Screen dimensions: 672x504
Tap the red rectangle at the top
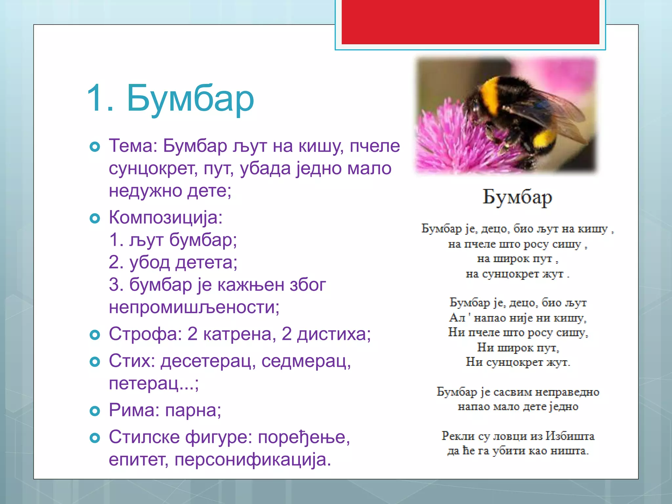point(470,22)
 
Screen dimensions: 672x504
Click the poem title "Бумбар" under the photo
point(517,198)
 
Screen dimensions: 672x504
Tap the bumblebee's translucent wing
point(555,112)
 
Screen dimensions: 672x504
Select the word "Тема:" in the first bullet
point(133,146)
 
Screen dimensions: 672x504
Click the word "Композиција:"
point(166,218)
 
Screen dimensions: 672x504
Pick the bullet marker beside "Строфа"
point(94,335)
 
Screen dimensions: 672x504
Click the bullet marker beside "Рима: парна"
point(94,411)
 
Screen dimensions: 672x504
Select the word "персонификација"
point(253,460)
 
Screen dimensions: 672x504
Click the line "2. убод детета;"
point(173,262)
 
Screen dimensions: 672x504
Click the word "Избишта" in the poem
point(570,436)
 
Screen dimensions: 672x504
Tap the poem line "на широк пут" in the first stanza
point(517,259)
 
